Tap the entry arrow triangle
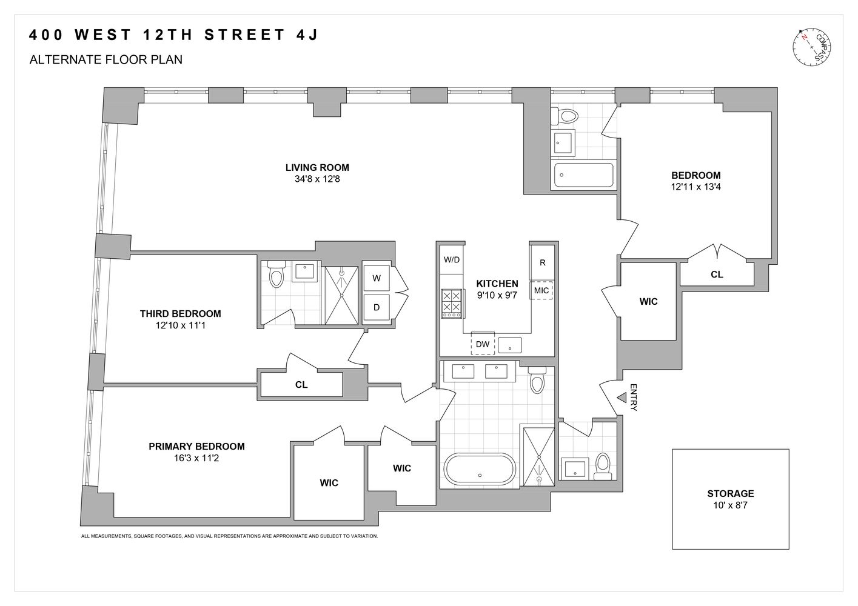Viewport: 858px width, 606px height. (621, 398)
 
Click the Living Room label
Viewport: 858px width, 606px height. (317, 168)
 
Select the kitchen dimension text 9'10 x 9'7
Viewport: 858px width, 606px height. (497, 295)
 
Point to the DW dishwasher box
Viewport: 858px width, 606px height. (483, 344)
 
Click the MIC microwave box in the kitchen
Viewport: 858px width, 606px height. (541, 290)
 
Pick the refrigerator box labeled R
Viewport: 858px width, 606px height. (542, 262)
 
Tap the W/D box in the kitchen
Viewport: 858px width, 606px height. (451, 260)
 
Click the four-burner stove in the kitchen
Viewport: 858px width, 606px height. (451, 303)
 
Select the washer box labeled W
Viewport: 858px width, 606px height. (377, 278)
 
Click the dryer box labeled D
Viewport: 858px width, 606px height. (377, 307)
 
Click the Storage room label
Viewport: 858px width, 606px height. (730, 493)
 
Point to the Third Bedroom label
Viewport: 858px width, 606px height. (180, 314)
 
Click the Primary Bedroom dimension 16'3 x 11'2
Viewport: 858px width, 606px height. (196, 458)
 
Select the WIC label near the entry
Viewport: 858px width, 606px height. (648, 301)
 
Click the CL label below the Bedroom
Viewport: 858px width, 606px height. (717, 275)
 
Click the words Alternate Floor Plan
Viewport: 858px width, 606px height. (106, 60)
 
